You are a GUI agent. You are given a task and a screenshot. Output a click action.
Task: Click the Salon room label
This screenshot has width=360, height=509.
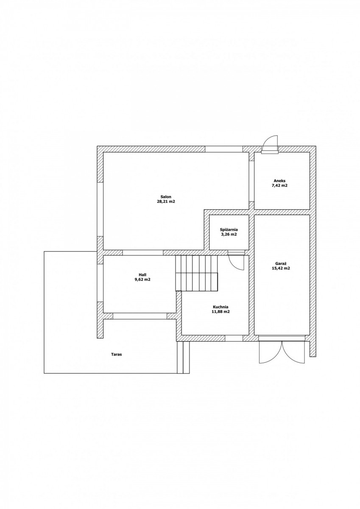[x=165, y=197]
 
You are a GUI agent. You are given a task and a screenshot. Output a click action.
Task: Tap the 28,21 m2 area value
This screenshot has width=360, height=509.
[x=165, y=201]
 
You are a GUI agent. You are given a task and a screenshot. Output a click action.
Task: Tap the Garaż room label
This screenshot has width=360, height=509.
[x=281, y=263]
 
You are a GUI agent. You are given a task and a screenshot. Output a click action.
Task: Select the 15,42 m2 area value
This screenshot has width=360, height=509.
[x=281, y=268]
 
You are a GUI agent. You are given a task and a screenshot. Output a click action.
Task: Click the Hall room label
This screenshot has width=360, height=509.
[x=142, y=275]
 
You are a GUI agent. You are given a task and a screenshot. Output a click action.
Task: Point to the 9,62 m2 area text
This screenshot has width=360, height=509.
[x=142, y=280]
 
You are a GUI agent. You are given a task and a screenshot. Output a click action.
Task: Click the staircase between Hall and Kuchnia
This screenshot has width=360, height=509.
[x=196, y=273]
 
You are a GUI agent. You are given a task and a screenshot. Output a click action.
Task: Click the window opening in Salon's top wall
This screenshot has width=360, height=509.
[x=223, y=149]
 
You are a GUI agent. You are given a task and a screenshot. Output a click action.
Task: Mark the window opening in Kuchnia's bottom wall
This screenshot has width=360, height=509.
[x=234, y=338]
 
